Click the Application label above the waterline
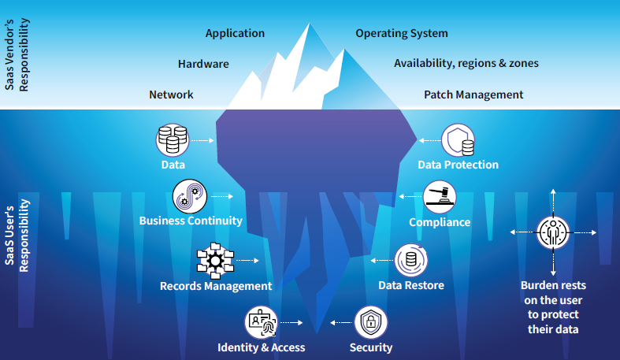pyautogui.click(x=235, y=34)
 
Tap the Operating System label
pyautogui.click(x=402, y=34)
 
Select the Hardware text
pyautogui.click(x=203, y=64)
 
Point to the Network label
pyautogui.click(x=171, y=95)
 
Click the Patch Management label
pyautogui.click(x=473, y=95)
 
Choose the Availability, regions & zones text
pyautogui.click(x=466, y=63)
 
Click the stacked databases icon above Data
pyautogui.click(x=173, y=140)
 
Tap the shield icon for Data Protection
pyautogui.click(x=458, y=140)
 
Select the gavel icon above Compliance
pyautogui.click(x=440, y=197)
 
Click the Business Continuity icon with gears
pyautogui.click(x=190, y=196)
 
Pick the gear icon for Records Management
pyautogui.click(x=215, y=261)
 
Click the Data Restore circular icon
pyautogui.click(x=410, y=260)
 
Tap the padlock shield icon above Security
pyautogui.click(x=370, y=322)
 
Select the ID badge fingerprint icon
pyautogui.click(x=261, y=322)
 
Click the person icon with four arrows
pyautogui.click(x=553, y=232)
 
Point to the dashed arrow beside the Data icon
pyautogui.click(x=202, y=140)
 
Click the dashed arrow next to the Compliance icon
pyautogui.click(x=410, y=196)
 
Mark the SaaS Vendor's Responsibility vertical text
pyautogui.click(x=17, y=54)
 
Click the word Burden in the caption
pyautogui.click(x=537, y=285)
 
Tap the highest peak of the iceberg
pyautogui.click(x=310, y=24)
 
